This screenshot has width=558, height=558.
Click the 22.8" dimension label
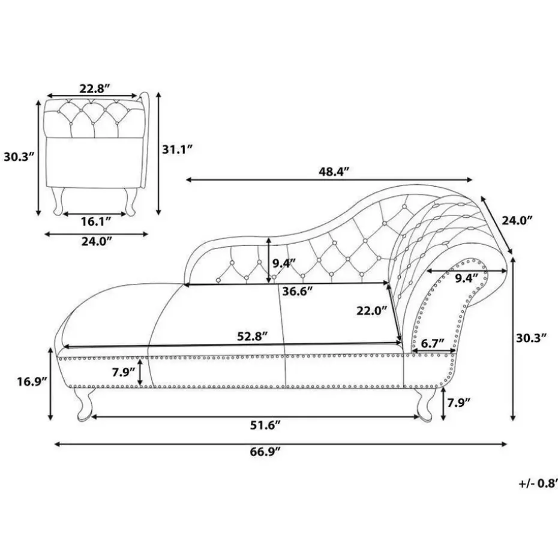pyautogui.click(x=95, y=88)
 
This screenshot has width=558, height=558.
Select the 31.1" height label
pyautogui.click(x=177, y=149)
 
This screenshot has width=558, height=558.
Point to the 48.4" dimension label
pyautogui.click(x=334, y=172)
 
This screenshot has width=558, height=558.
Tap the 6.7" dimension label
pyautogui.click(x=431, y=343)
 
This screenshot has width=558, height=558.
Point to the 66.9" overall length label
pyautogui.click(x=265, y=453)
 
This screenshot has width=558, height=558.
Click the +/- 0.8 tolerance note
pyautogui.click(x=536, y=482)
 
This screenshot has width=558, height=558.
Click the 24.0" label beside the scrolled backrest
pyautogui.click(x=517, y=220)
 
